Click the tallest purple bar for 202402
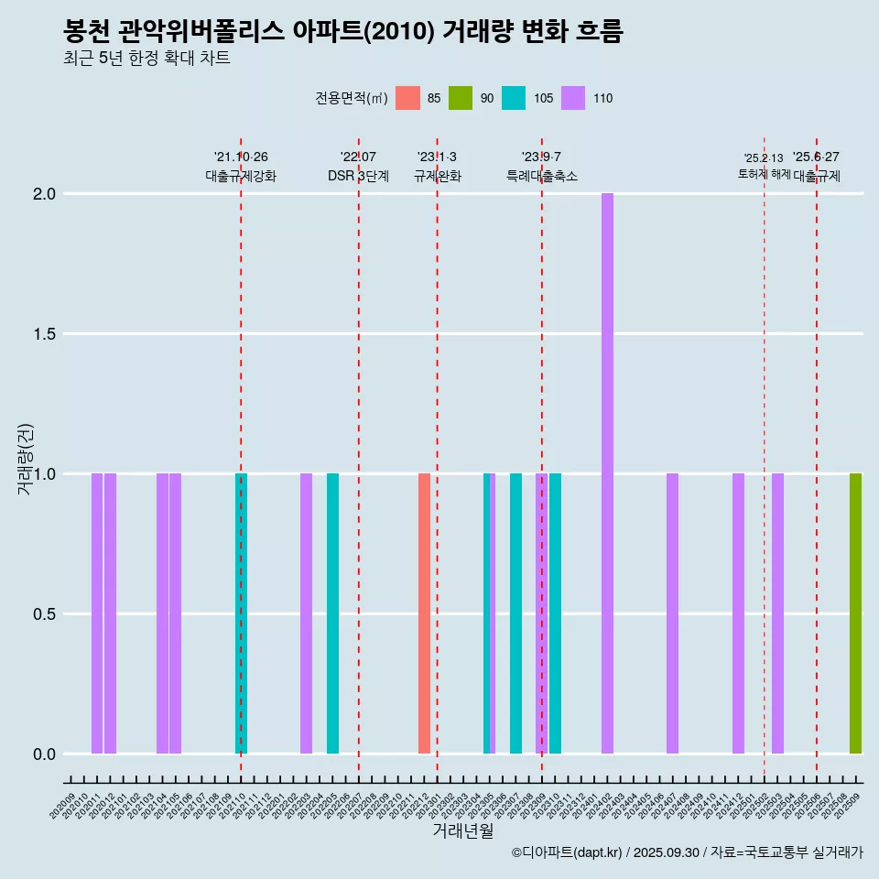click(x=607, y=473)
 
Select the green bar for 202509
click(x=855, y=613)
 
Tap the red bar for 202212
click(x=424, y=613)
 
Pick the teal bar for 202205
click(x=332, y=613)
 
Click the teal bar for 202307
click(x=515, y=613)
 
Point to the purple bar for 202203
click(x=306, y=613)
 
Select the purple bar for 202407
click(x=672, y=613)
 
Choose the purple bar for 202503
click(x=777, y=613)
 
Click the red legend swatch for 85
click(x=407, y=98)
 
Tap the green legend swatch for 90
click(x=461, y=98)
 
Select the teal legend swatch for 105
click(x=514, y=98)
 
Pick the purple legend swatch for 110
click(x=573, y=98)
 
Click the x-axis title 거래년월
click(x=462, y=830)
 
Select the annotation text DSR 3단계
click(x=358, y=176)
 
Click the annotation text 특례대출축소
click(x=542, y=176)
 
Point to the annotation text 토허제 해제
click(x=764, y=174)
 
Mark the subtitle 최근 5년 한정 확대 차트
click(x=146, y=59)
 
